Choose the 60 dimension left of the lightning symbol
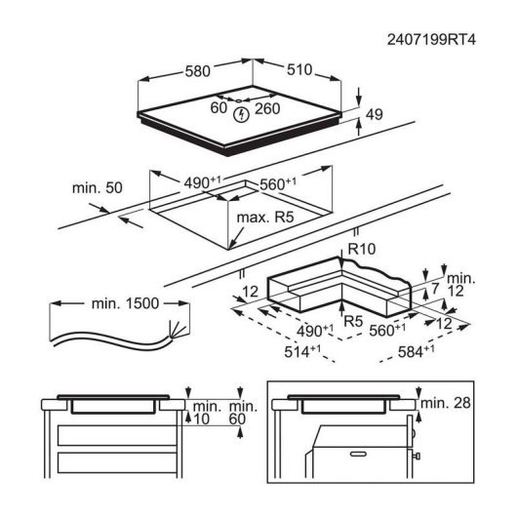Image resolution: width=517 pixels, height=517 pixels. (x=219, y=109)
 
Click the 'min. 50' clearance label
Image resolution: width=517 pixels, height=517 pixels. (x=96, y=187)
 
